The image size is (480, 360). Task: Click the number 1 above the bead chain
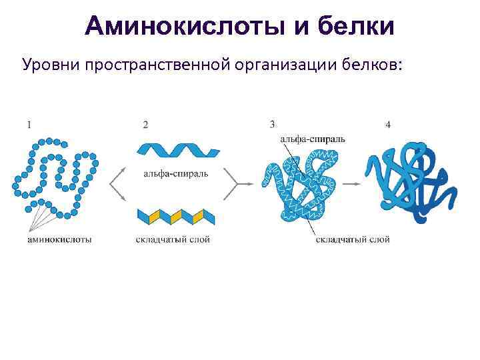pyautogui.click(x=29, y=123)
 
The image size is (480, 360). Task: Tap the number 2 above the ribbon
pyautogui.click(x=145, y=125)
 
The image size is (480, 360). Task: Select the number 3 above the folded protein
pyautogui.click(x=272, y=123)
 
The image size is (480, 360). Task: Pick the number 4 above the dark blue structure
pyautogui.click(x=388, y=125)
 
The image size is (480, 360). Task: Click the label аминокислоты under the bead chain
pyautogui.click(x=60, y=239)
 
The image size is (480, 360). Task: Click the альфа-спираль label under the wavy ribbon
pyautogui.click(x=175, y=174)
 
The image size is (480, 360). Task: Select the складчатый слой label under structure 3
pyautogui.click(x=353, y=239)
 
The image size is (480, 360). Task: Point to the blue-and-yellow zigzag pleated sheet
pyautogui.click(x=177, y=216)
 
